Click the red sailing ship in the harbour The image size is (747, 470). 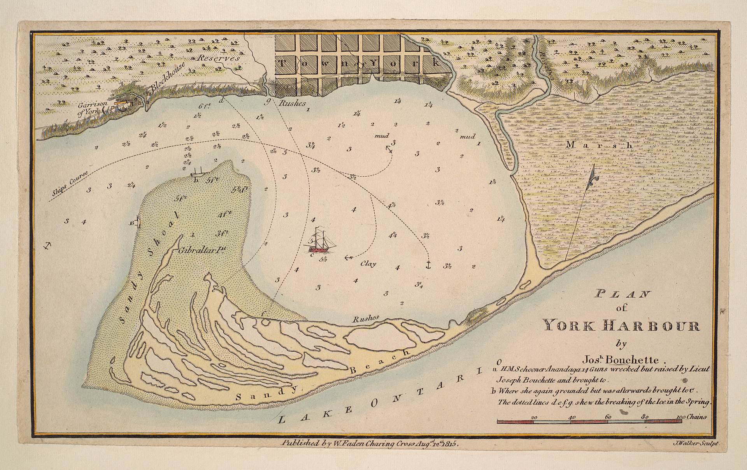(319, 242)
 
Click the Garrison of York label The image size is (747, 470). (90, 107)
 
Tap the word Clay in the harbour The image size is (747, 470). (368, 264)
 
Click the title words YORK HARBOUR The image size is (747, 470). (621, 326)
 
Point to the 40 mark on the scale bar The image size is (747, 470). (572, 417)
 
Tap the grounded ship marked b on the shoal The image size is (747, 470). (198, 172)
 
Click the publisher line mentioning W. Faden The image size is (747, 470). (372, 443)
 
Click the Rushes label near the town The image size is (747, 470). (292, 103)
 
